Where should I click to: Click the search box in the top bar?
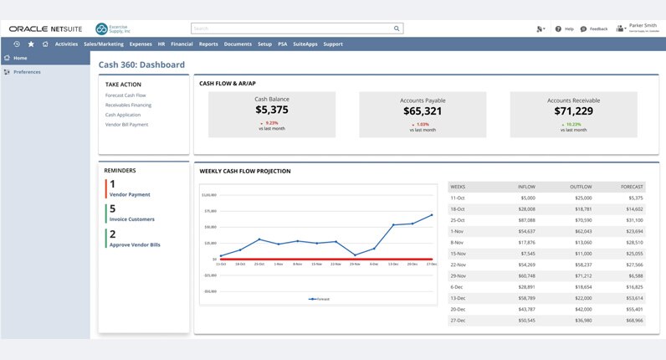click(x=297, y=28)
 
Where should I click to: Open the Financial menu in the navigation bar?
click(x=182, y=44)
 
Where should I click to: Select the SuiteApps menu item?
click(x=304, y=44)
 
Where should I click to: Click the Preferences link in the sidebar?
click(x=27, y=72)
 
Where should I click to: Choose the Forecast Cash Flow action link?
click(x=126, y=95)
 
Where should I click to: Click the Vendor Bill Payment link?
click(x=126, y=124)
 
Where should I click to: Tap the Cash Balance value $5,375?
click(x=271, y=110)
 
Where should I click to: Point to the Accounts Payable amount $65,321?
click(x=423, y=111)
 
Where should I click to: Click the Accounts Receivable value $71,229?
click(x=573, y=111)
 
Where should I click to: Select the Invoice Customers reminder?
click(x=131, y=219)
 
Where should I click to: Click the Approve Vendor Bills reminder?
click(x=135, y=244)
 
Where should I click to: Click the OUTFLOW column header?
click(x=581, y=187)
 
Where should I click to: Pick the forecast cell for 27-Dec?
click(x=633, y=320)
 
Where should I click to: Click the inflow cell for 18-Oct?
click(x=526, y=208)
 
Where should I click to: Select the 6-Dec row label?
click(x=458, y=286)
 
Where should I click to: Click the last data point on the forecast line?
click(x=432, y=215)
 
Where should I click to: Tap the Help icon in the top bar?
click(x=558, y=28)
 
